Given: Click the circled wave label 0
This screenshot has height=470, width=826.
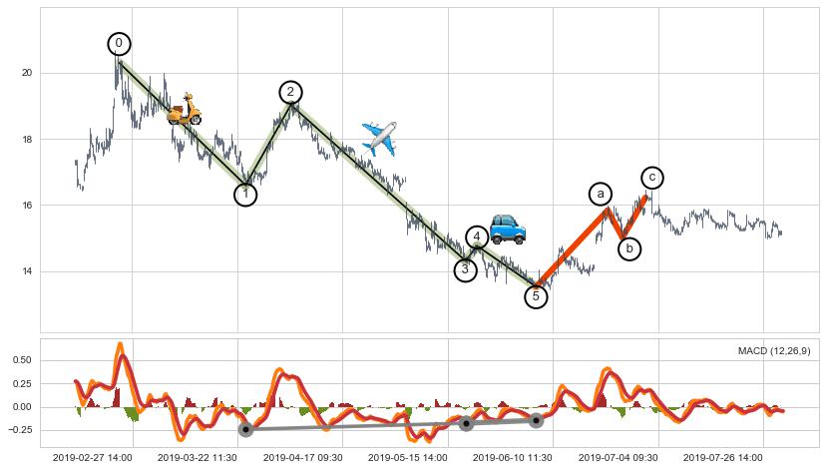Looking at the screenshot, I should (120, 44).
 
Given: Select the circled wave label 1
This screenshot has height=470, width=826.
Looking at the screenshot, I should (245, 195).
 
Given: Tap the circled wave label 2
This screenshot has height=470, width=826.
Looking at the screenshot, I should (290, 93).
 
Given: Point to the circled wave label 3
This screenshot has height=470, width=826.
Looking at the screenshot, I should (465, 269).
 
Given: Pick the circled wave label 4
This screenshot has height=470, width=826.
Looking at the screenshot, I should (478, 237).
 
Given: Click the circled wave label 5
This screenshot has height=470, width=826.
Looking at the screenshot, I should (536, 296).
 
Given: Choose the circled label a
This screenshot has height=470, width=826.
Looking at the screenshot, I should (600, 194).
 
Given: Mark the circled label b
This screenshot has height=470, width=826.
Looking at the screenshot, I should (629, 248).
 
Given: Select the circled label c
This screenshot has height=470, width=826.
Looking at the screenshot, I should (652, 178).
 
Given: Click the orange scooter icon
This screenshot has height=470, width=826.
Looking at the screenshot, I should (185, 110).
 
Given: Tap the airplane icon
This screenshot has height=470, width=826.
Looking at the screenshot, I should (379, 137).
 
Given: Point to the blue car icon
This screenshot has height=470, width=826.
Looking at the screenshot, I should (508, 230).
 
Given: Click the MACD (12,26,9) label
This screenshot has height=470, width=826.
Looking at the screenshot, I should (774, 351).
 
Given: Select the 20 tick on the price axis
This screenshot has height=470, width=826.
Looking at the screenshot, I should (26, 74).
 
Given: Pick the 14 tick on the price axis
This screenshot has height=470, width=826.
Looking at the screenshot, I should (26, 271).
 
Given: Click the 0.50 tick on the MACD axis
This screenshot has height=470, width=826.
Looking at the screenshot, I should (22, 360).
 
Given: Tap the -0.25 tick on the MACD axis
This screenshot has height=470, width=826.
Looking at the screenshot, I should (20, 430).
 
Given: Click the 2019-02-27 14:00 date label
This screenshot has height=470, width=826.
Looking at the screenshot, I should (92, 457).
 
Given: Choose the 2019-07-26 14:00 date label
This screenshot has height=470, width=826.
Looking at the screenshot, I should (721, 457).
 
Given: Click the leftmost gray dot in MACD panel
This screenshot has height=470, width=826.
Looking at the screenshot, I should (245, 429).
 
